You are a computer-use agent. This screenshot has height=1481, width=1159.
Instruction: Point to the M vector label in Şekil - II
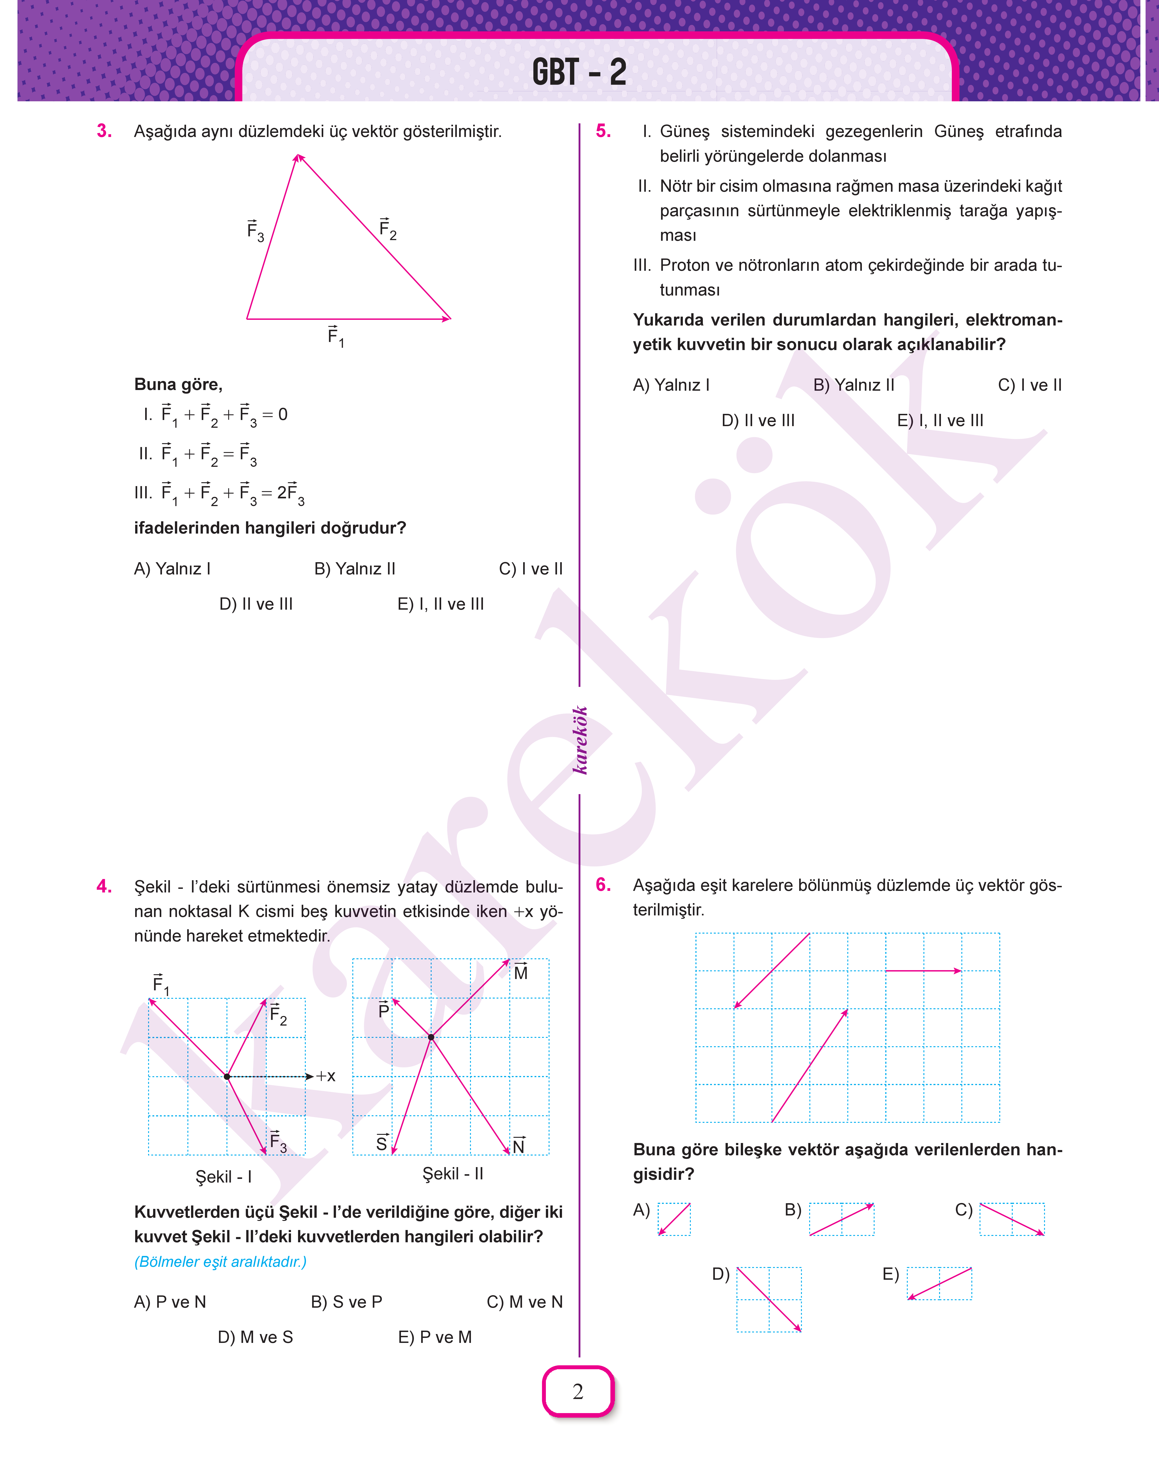(x=520, y=972)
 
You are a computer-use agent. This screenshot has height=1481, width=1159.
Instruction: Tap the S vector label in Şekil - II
(x=382, y=1143)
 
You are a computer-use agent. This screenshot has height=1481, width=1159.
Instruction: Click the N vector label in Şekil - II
(x=518, y=1145)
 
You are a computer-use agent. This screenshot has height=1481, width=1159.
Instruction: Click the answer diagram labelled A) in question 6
(x=674, y=1219)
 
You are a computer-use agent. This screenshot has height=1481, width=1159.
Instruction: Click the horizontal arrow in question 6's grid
(x=923, y=971)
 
